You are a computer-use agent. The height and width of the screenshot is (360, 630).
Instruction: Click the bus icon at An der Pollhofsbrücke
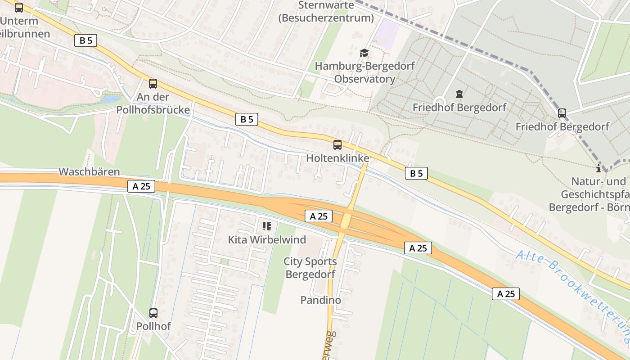click(x=153, y=83)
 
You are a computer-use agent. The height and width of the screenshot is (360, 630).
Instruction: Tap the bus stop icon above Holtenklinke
click(x=337, y=144)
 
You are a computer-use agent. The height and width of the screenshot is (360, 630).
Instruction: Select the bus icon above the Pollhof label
click(x=153, y=313)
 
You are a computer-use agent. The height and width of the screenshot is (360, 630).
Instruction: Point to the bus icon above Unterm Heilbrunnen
click(x=18, y=7)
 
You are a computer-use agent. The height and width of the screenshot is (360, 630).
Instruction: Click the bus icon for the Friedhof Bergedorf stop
click(x=562, y=113)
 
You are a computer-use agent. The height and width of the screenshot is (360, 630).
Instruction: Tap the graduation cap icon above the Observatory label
click(x=364, y=53)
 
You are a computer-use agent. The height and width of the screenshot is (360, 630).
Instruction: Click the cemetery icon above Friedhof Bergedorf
click(x=459, y=94)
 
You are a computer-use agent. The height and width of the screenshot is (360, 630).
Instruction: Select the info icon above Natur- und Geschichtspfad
click(x=598, y=169)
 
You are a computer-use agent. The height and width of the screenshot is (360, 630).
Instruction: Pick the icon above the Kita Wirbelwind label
click(x=267, y=226)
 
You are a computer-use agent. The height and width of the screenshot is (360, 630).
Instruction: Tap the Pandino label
click(x=320, y=300)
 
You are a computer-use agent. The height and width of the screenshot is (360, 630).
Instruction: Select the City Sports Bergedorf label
click(x=310, y=268)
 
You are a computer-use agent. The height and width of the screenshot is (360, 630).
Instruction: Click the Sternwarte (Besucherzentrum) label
click(x=326, y=12)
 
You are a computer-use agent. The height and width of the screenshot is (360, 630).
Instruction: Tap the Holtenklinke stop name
click(x=337, y=158)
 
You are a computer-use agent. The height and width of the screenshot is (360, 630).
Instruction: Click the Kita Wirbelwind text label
click(x=267, y=239)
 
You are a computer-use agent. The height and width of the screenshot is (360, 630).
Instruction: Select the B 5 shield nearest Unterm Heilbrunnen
click(x=85, y=40)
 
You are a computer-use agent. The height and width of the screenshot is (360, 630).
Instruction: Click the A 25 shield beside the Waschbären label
click(x=141, y=186)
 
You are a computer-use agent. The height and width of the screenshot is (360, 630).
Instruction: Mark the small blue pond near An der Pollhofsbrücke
click(x=111, y=99)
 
